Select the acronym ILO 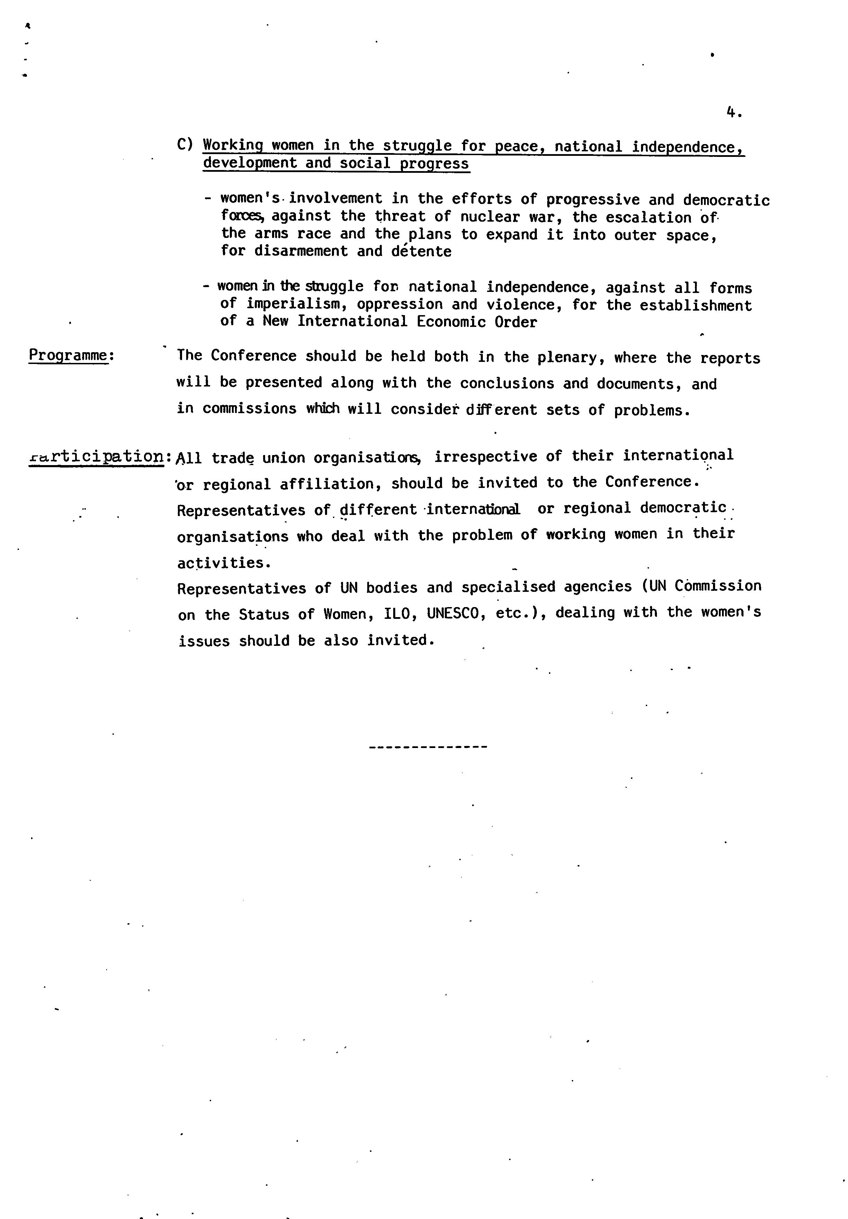[x=396, y=614]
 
